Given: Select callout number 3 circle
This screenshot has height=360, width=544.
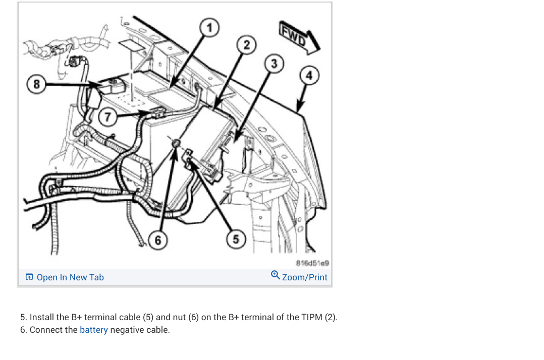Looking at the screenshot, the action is click(274, 64).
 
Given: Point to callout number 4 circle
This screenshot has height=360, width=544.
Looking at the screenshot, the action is click(310, 76).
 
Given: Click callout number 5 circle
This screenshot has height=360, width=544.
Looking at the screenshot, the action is click(235, 238).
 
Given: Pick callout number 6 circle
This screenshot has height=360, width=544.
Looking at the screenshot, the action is click(157, 240).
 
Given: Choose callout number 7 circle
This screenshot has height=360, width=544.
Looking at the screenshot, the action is click(107, 116).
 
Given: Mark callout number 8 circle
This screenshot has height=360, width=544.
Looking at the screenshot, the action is click(35, 84).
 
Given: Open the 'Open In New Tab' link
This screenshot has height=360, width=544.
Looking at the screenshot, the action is click(70, 277).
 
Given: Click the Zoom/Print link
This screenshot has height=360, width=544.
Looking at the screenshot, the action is click(304, 277).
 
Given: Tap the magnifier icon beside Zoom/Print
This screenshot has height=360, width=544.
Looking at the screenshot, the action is click(275, 275).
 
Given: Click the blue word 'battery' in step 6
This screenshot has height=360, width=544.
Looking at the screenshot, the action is click(94, 330).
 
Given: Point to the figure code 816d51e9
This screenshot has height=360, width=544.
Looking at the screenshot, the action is click(313, 263).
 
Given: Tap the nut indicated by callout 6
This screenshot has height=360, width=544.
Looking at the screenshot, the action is click(176, 144).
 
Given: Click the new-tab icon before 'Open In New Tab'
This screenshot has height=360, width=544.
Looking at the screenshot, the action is click(29, 277).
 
